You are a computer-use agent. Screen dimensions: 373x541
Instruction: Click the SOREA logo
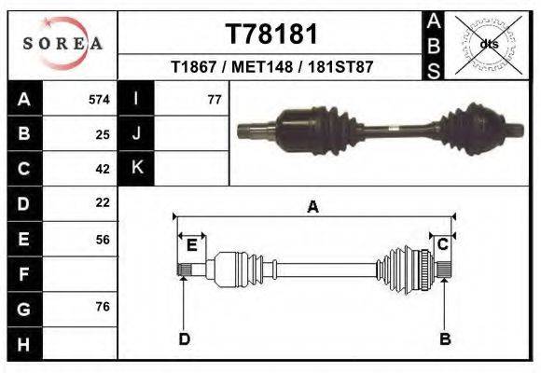(x=62, y=44)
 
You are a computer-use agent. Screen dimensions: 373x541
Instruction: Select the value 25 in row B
(x=103, y=134)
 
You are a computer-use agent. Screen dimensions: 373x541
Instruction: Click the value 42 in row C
(x=103, y=169)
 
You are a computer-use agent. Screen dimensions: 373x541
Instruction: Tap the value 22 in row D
(x=103, y=202)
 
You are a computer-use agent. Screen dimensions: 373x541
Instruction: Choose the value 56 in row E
(x=103, y=239)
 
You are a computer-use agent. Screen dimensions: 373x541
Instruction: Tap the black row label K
(x=136, y=169)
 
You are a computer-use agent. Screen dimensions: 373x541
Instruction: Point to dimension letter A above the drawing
(x=312, y=207)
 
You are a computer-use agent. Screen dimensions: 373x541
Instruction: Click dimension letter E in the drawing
(x=191, y=245)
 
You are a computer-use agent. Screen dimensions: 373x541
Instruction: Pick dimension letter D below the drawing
(x=184, y=338)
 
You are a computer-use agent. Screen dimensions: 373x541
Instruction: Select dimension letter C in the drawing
(x=443, y=244)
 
